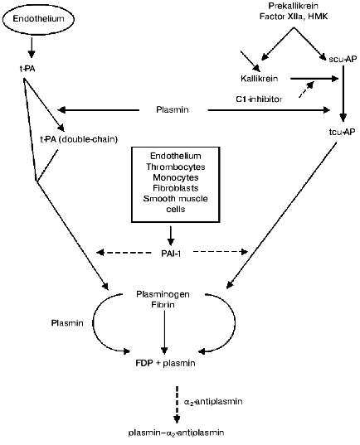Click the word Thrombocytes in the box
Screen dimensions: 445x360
coord(179,167)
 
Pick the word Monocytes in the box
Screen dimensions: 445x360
coord(179,177)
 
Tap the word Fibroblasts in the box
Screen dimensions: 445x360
coord(179,188)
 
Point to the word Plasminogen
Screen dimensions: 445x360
coord(179,294)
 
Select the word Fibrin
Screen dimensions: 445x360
coord(179,306)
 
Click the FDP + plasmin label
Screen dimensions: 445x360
coord(179,361)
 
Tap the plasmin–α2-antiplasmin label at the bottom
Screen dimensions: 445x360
coord(179,433)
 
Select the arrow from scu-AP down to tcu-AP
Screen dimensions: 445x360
coord(342,93)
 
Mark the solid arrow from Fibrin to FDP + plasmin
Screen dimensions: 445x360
coord(179,331)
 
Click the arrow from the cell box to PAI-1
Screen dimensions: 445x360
coord(179,235)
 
